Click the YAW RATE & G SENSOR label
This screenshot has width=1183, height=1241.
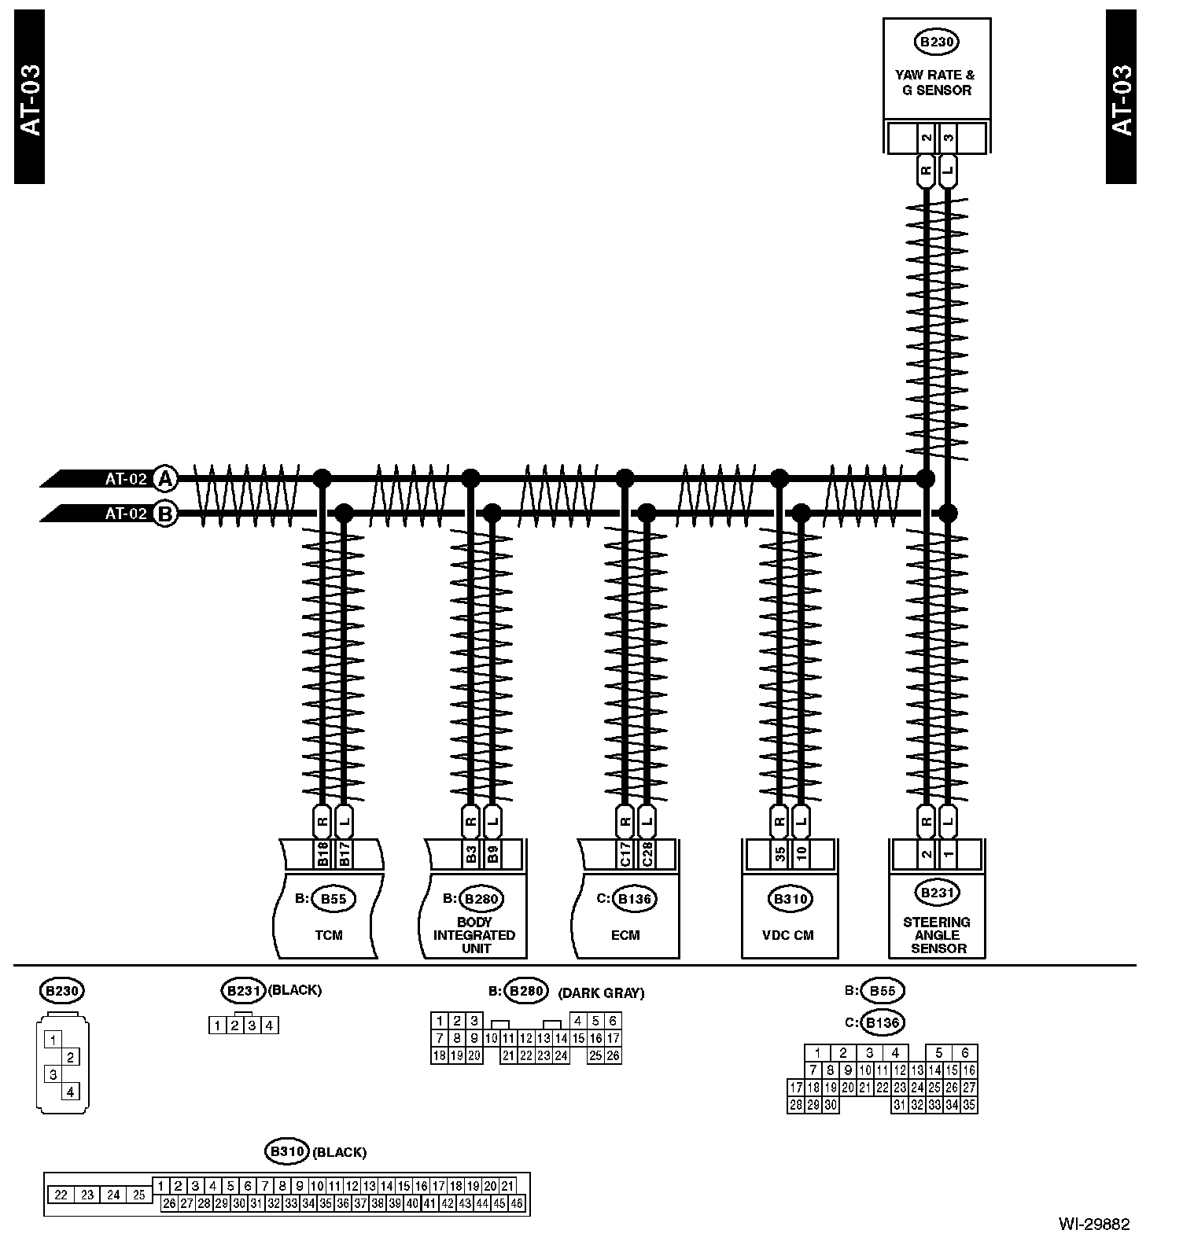click(x=935, y=83)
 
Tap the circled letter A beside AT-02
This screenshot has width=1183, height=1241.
click(x=164, y=477)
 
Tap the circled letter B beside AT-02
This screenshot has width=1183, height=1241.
click(x=164, y=514)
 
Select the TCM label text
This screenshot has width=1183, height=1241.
click(x=329, y=935)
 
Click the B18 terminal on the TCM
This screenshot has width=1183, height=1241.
click(x=322, y=854)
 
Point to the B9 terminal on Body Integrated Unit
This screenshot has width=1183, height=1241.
click(x=492, y=854)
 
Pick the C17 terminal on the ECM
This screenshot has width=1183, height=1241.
click(x=625, y=854)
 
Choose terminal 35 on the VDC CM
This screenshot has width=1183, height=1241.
click(x=779, y=854)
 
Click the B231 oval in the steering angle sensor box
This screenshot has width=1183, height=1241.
click(x=936, y=893)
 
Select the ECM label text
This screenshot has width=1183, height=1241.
click(x=625, y=935)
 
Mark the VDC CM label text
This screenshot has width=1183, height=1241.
click(x=787, y=935)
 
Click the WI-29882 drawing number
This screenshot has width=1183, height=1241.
click(x=1093, y=1224)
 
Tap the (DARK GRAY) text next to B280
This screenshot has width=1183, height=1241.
click(x=601, y=993)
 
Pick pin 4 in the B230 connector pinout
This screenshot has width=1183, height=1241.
click(x=71, y=1092)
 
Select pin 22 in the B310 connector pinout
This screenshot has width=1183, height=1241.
click(x=61, y=1195)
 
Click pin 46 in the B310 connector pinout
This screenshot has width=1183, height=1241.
click(x=517, y=1204)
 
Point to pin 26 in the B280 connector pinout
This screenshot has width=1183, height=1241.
click(x=613, y=1056)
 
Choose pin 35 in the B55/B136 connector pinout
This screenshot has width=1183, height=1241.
click(x=969, y=1105)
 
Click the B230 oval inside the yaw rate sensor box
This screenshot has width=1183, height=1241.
click(x=936, y=42)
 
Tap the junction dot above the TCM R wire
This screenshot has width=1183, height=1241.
click(x=322, y=477)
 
